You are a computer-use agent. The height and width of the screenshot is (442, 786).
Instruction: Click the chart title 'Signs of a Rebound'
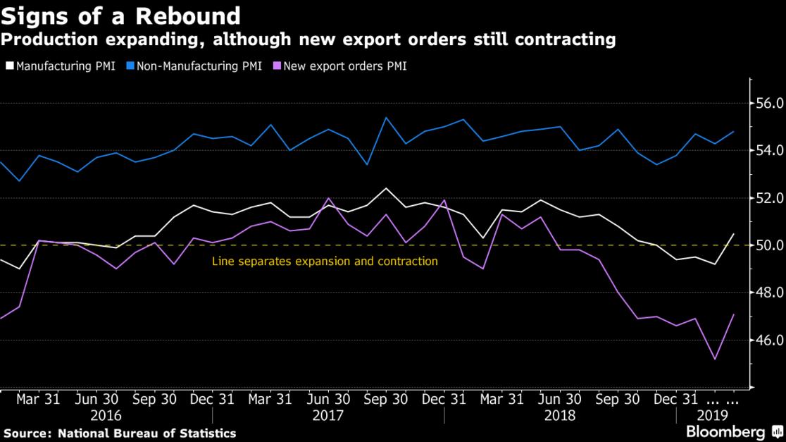[120, 15]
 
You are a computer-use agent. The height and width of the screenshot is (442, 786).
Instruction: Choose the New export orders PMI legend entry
[340, 67]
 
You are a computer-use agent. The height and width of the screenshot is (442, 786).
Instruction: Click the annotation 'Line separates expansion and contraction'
[325, 262]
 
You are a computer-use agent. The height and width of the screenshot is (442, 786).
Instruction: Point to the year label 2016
[106, 415]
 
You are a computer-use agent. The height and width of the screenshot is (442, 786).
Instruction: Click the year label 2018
[559, 415]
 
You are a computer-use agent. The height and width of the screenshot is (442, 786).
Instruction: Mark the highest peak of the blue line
[386, 118]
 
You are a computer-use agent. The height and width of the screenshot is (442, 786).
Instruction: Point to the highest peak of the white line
[385, 188]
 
